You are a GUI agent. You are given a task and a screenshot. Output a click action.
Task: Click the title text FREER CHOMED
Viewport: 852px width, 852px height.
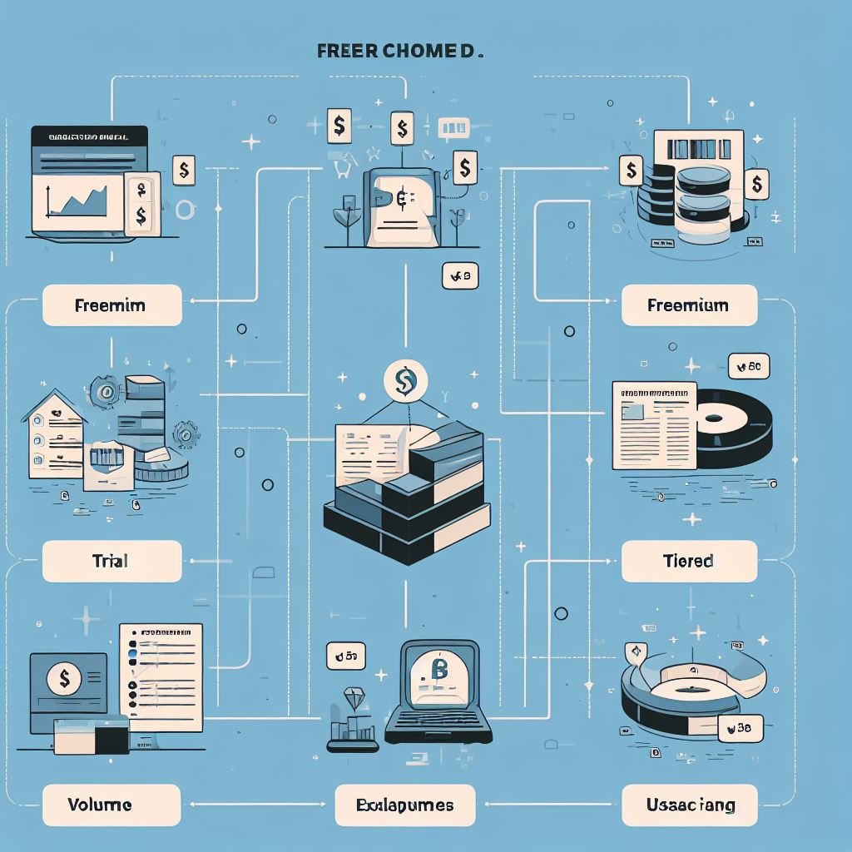pyautogui.click(x=400, y=51)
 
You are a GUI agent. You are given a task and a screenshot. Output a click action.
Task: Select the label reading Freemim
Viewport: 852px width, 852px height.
pyautogui.click(x=111, y=305)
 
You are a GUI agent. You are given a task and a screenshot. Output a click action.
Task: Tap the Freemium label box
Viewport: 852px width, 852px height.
pyautogui.click(x=689, y=305)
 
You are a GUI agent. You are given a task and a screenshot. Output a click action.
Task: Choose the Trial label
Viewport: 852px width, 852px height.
pyautogui.click(x=111, y=561)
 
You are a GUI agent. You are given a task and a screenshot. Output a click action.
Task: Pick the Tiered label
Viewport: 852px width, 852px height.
pyautogui.click(x=689, y=561)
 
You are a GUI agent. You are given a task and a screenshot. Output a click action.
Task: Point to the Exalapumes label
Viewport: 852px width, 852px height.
pyautogui.click(x=405, y=805)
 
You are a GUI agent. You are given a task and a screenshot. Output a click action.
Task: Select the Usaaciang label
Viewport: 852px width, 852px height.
pyautogui.click(x=689, y=805)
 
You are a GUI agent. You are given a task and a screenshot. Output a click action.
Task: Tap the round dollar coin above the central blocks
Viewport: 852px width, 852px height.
pyautogui.click(x=405, y=380)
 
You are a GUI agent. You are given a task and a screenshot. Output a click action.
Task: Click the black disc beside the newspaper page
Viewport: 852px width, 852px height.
pyautogui.click(x=732, y=426)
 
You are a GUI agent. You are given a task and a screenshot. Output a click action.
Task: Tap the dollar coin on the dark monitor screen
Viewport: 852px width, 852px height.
pyautogui.click(x=65, y=679)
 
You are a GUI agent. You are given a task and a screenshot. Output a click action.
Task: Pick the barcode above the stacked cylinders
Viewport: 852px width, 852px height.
pyautogui.click(x=697, y=148)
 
